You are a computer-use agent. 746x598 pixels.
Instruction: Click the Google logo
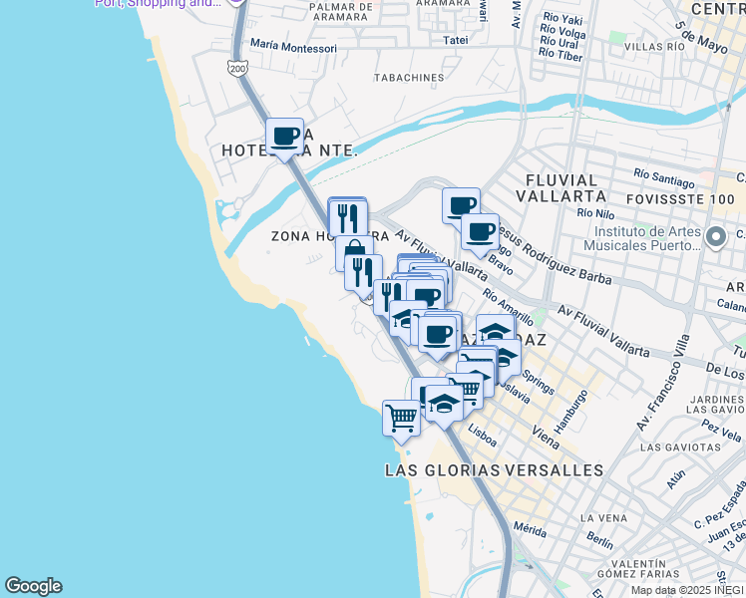(33, 586)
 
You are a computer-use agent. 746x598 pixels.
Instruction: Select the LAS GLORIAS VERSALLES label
(494, 469)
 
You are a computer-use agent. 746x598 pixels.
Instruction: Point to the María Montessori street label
(293, 45)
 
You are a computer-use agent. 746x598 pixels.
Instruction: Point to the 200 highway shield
(236, 68)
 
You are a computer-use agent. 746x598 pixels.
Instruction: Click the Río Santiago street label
(662, 174)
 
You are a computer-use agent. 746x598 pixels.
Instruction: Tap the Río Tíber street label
(562, 55)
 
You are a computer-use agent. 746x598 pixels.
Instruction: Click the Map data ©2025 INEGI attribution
(687, 590)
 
